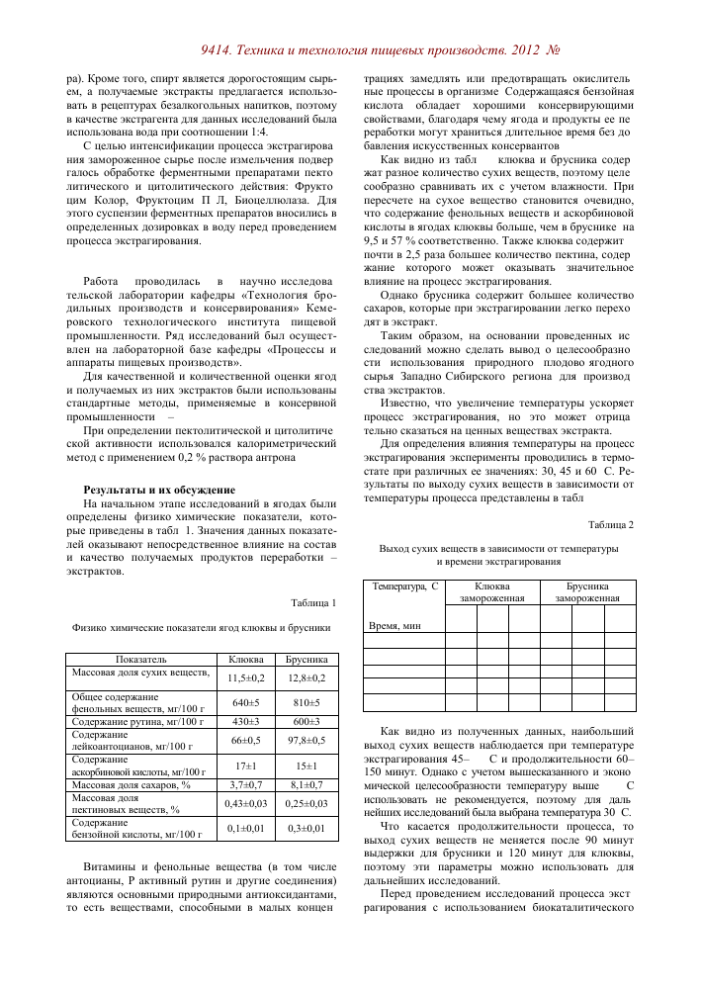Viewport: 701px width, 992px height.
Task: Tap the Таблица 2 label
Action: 610,523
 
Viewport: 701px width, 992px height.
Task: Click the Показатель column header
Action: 140,658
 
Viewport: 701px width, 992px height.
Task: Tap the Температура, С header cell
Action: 405,586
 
